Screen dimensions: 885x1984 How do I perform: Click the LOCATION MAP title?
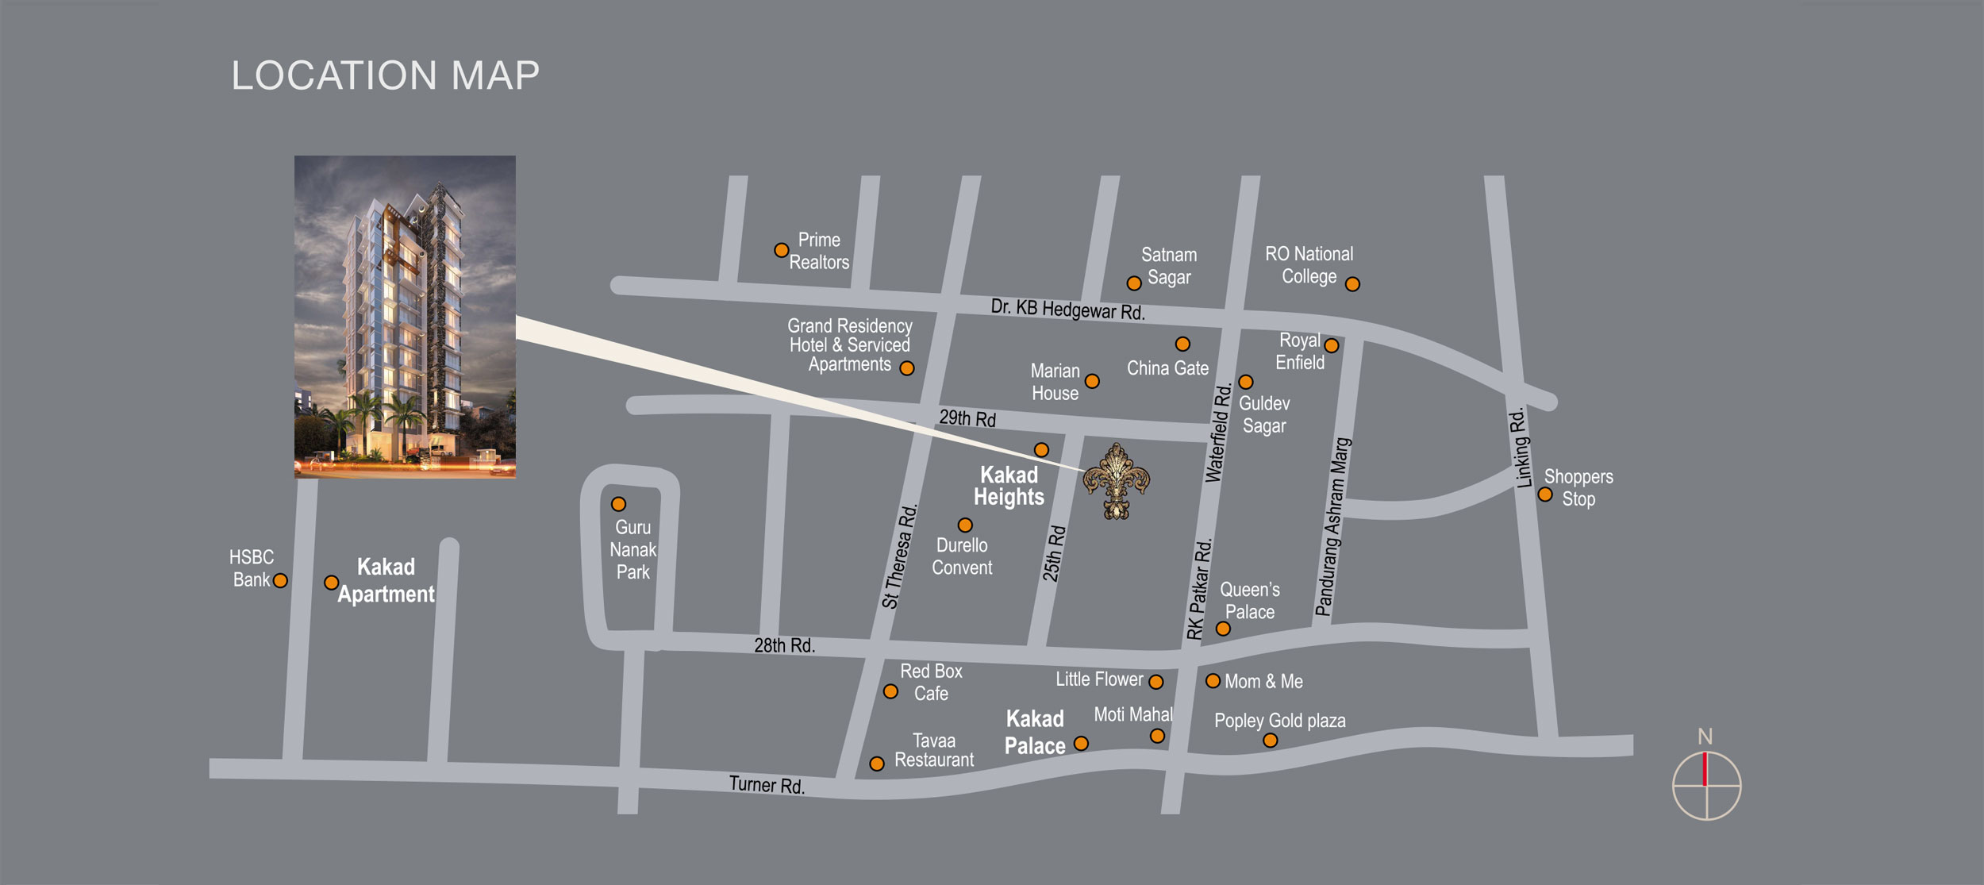pos(385,76)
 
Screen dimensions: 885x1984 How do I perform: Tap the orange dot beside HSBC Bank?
pos(280,581)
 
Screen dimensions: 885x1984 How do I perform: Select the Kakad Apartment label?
pos(386,580)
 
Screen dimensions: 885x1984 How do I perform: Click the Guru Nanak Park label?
pos(632,549)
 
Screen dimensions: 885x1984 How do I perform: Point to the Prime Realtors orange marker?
pos(781,250)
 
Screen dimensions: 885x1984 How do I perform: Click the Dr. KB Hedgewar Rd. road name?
pos(1067,310)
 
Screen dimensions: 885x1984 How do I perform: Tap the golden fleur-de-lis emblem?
pos(1117,481)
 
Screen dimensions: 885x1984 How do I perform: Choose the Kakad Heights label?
pos(1009,486)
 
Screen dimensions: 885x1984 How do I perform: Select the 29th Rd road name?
pos(967,418)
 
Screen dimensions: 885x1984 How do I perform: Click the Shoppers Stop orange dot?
pos(1544,494)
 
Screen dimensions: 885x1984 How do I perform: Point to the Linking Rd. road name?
pos(1521,447)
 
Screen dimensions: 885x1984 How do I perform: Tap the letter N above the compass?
pos(1705,737)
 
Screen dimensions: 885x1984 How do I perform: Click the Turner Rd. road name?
pos(767,785)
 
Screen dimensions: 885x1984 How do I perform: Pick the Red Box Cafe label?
pos(931,682)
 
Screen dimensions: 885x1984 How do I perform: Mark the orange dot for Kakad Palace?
pos(1081,743)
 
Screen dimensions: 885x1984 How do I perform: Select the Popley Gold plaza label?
pos(1279,721)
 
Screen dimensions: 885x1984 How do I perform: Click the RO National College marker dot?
pos(1352,284)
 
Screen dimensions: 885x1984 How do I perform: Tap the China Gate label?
pos(1167,368)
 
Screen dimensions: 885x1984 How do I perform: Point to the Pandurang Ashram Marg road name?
pos(1332,527)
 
